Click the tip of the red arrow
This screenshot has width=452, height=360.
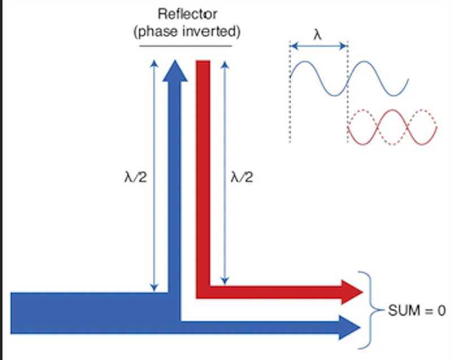(x=362, y=292)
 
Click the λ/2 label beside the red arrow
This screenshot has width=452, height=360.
(x=242, y=177)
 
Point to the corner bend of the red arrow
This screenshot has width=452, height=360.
(x=203, y=292)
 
